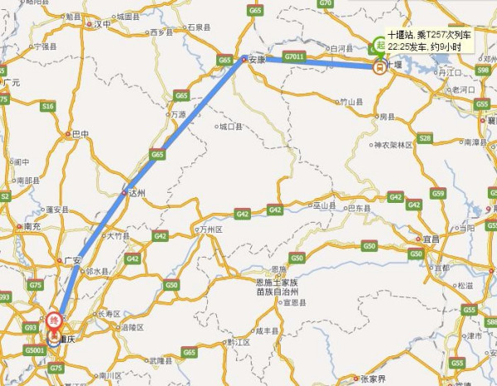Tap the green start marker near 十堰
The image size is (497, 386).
point(379,46)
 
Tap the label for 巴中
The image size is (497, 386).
point(80,133)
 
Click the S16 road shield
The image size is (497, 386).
point(48,106)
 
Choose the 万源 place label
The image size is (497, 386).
point(178,114)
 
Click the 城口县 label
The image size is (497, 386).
point(229,128)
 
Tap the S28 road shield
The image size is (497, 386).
point(425,138)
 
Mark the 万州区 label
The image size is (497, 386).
point(210,228)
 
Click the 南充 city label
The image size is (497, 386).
point(32,225)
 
